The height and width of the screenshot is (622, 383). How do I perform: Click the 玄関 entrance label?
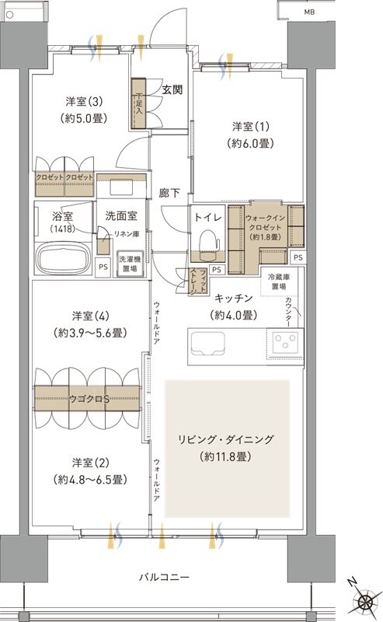coord(172,89)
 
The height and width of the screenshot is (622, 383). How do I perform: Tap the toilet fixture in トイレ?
coord(207,246)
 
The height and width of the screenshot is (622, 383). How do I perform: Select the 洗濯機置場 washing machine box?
coord(128,263)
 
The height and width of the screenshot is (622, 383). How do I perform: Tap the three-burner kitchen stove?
coord(285,341)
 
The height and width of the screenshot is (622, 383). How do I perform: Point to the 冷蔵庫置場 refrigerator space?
coord(279,282)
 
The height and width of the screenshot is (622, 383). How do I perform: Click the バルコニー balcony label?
coord(165,576)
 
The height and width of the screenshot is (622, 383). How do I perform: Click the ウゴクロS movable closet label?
coord(90,399)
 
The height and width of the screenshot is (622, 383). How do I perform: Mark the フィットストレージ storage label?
coord(198,279)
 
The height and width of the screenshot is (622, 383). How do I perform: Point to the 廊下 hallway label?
coord(169,191)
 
